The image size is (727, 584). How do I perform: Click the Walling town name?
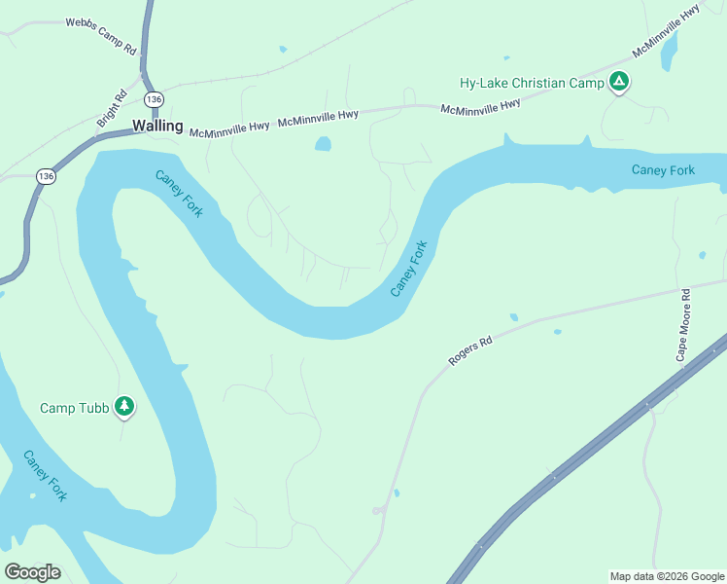point(156,126)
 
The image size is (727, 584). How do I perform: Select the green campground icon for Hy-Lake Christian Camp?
point(618,82)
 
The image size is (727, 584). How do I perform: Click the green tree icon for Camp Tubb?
point(123,406)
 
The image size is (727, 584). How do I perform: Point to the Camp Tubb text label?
point(73,407)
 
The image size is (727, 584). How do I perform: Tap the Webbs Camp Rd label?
point(101,34)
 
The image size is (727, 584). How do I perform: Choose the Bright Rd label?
point(112,108)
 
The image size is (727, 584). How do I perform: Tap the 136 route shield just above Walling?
point(154,99)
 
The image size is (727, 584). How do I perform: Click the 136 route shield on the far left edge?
point(46,176)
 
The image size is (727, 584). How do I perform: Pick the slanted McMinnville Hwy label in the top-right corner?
point(666,30)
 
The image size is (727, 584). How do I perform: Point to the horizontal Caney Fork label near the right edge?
point(663,170)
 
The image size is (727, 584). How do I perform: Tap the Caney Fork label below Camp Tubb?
point(46,475)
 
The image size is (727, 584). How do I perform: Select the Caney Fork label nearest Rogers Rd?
point(409,269)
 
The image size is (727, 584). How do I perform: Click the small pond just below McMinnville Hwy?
point(322,144)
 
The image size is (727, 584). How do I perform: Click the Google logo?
point(32,571)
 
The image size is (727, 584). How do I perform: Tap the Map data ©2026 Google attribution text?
point(666,576)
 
